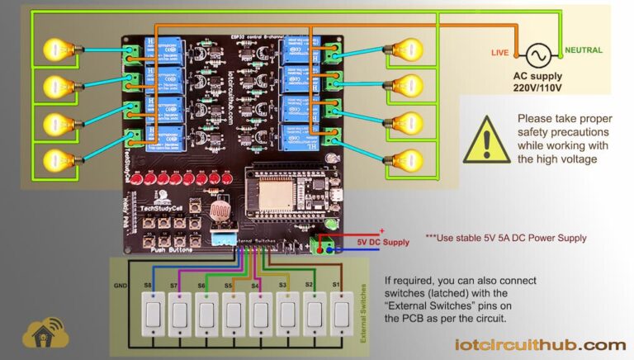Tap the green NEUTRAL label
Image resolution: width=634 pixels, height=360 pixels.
pos(584,50)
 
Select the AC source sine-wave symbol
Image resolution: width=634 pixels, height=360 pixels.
pos(537,54)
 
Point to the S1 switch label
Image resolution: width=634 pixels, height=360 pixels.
pos(336,284)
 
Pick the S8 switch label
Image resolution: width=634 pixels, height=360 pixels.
pos(148,284)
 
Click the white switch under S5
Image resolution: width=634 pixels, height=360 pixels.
pos(234,315)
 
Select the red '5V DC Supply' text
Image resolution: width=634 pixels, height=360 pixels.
pos(382,242)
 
